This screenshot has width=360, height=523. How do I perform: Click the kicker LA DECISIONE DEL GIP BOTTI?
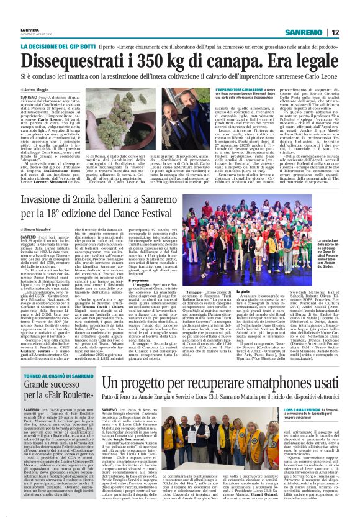pos(50,46)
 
